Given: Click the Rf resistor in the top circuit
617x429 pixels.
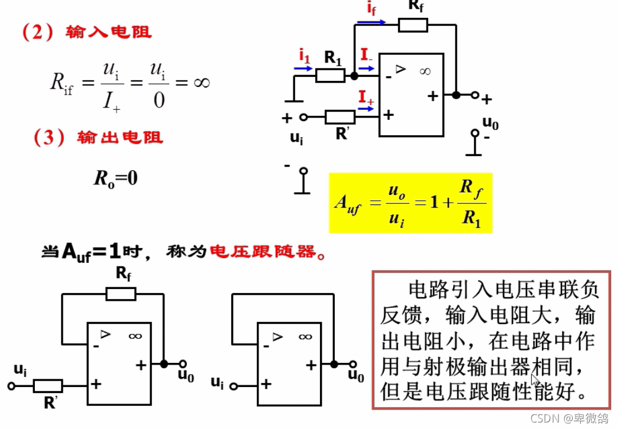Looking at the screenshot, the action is [413, 25].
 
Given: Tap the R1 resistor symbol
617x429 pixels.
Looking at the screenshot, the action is [330, 76].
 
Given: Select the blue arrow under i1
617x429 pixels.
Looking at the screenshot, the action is [303, 68].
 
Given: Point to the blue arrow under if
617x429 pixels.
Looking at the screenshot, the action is [371, 22].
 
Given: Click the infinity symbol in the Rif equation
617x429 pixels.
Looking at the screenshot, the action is [201, 82].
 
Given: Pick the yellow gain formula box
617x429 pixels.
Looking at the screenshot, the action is [411, 203].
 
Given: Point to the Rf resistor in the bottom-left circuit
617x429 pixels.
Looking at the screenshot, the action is [121, 294].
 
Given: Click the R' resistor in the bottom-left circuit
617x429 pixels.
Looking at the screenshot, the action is [47, 386].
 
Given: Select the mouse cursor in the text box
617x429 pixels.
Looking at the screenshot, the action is [536, 379].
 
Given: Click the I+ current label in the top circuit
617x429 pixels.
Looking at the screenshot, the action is [366, 97].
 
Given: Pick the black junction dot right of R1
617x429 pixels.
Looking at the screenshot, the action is [354, 76].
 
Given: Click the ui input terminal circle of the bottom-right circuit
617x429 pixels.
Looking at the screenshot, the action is [234, 386].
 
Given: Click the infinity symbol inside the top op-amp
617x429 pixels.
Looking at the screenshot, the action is [425, 71].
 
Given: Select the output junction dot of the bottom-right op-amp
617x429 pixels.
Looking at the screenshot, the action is [334, 364].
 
